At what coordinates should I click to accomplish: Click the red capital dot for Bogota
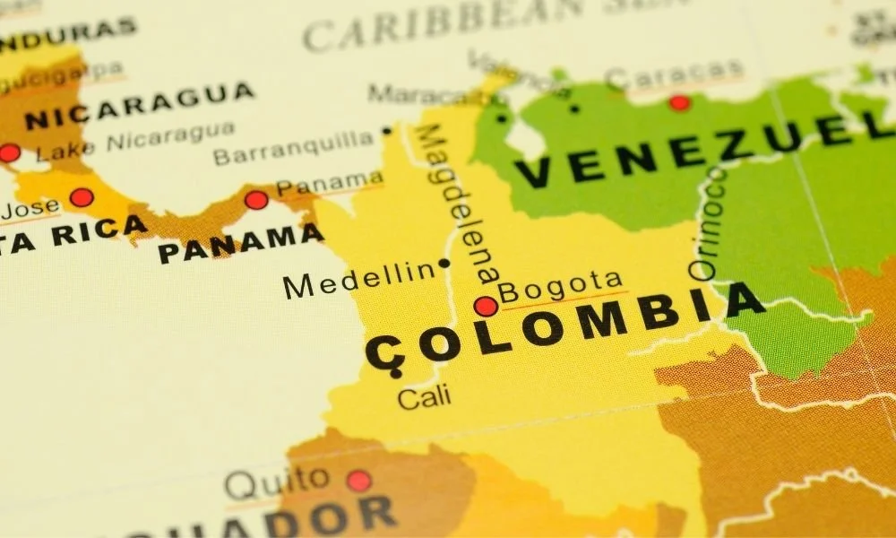[x=486, y=307]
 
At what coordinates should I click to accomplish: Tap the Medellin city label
[x=358, y=281]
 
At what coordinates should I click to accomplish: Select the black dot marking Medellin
[x=444, y=264]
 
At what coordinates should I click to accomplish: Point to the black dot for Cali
[x=396, y=373]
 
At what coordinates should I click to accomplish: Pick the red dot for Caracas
[x=680, y=102]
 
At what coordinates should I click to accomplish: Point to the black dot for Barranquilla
[x=387, y=131]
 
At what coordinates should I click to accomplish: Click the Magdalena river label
[x=458, y=206]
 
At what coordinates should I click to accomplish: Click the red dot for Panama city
[x=256, y=200]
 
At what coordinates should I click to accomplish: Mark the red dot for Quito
[x=358, y=482]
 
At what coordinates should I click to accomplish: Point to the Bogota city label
[x=560, y=287]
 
